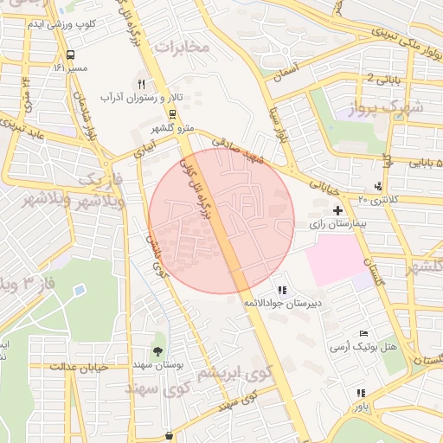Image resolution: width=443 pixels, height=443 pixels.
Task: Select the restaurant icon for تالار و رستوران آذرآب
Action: tap(141, 84)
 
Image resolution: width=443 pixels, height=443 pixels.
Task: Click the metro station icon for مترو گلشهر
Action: tap(172, 113)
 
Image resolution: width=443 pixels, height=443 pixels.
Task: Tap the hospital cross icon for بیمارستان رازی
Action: tap(337, 210)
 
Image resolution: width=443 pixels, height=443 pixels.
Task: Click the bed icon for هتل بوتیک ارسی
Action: tap(363, 333)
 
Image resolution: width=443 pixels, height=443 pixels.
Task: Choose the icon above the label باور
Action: tap(360, 392)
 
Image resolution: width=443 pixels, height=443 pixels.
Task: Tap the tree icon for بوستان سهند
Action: tap(157, 350)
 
